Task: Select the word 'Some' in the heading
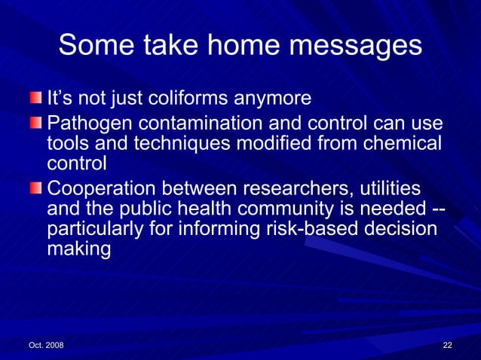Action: [90, 46]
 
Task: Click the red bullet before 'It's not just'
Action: [36, 99]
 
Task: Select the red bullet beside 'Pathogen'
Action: [36, 122]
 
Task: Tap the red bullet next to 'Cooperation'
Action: [36, 187]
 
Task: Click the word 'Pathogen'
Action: [84, 123]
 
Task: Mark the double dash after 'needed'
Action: [435, 208]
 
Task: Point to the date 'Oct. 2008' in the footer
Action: [46, 345]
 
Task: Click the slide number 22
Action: [447, 345]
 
